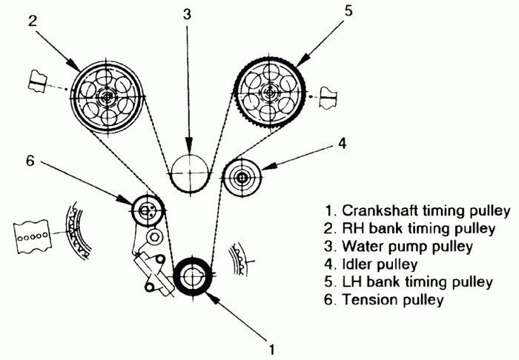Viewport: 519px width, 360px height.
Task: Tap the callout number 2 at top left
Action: pos(33,21)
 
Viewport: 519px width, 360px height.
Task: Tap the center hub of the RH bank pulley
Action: pos(108,96)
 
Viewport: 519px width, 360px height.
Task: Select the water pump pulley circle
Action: pos(189,173)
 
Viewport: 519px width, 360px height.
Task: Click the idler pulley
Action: pos(242,178)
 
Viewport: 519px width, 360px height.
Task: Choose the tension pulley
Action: pos(145,210)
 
